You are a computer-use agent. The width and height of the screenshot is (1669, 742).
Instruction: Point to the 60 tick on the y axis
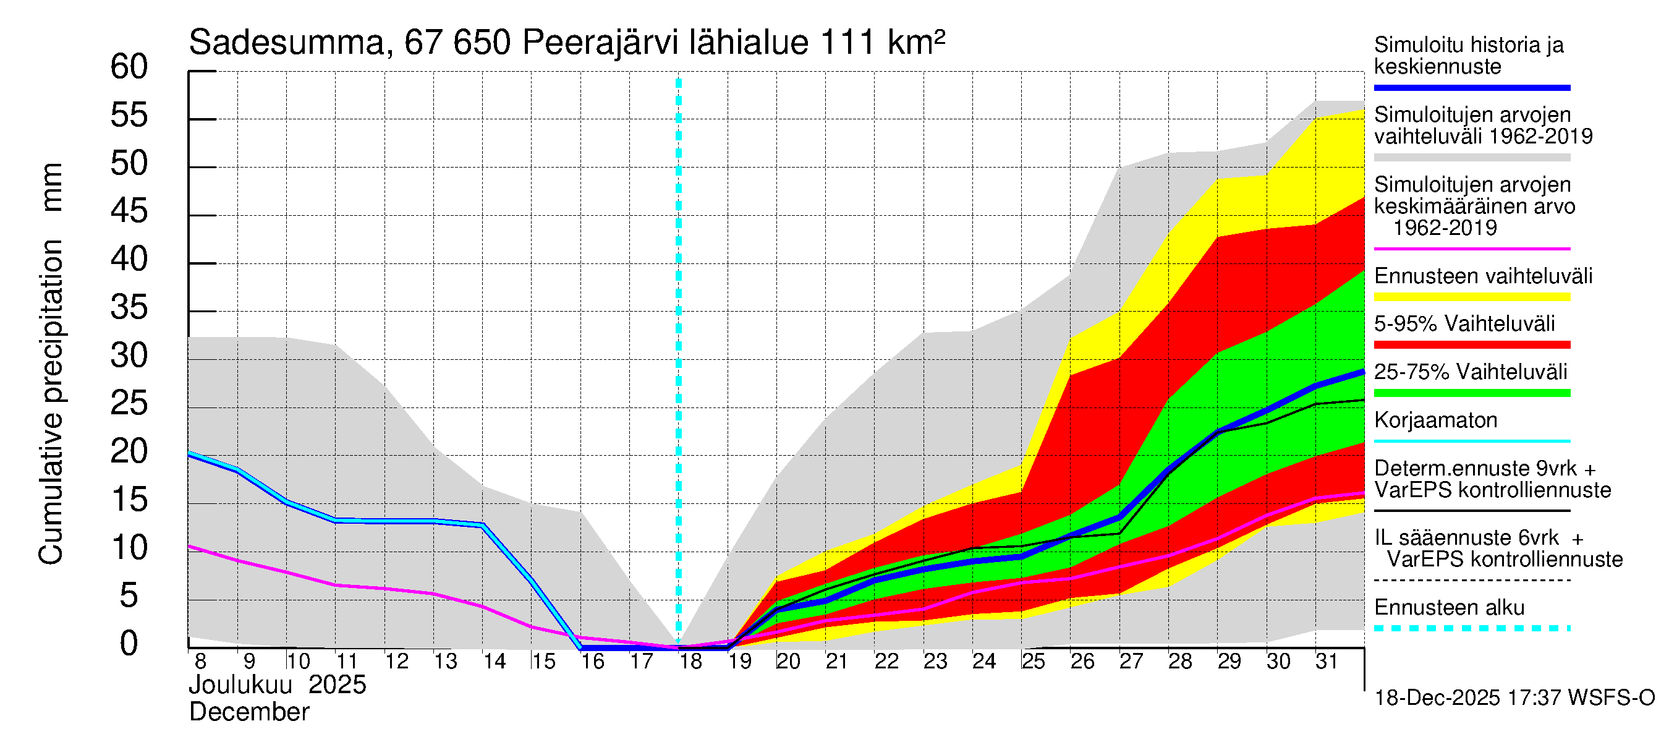tap(129, 67)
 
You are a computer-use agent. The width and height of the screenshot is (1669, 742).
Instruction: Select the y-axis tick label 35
tap(129, 308)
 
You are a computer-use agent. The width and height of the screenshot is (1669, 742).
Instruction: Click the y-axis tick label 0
tap(129, 644)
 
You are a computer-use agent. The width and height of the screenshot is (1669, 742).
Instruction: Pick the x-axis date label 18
tap(690, 662)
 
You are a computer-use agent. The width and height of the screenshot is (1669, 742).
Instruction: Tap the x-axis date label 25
tap(1034, 662)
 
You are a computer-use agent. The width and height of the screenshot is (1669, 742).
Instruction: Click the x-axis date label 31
tap(1327, 662)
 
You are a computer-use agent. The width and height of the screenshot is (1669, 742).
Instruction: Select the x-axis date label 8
tap(200, 662)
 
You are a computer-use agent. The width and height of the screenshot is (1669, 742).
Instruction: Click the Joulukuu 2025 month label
tap(278, 685)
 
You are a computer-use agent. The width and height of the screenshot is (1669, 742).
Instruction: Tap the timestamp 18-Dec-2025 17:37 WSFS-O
tap(1514, 698)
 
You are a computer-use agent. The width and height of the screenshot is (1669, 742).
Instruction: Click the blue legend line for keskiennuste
tap(1471, 87)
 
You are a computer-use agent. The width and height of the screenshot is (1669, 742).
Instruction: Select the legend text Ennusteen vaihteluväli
tap(1483, 276)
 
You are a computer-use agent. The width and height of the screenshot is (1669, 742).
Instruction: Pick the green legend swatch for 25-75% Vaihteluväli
tap(1471, 393)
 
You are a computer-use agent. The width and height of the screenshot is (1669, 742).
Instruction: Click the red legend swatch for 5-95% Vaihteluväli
tap(1471, 345)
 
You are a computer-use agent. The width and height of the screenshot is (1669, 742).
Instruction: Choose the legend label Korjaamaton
tap(1435, 420)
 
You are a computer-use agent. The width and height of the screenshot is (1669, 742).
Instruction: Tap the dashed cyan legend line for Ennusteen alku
tap(1471, 628)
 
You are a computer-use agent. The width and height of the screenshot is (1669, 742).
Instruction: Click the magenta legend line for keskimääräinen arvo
tap(1471, 249)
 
